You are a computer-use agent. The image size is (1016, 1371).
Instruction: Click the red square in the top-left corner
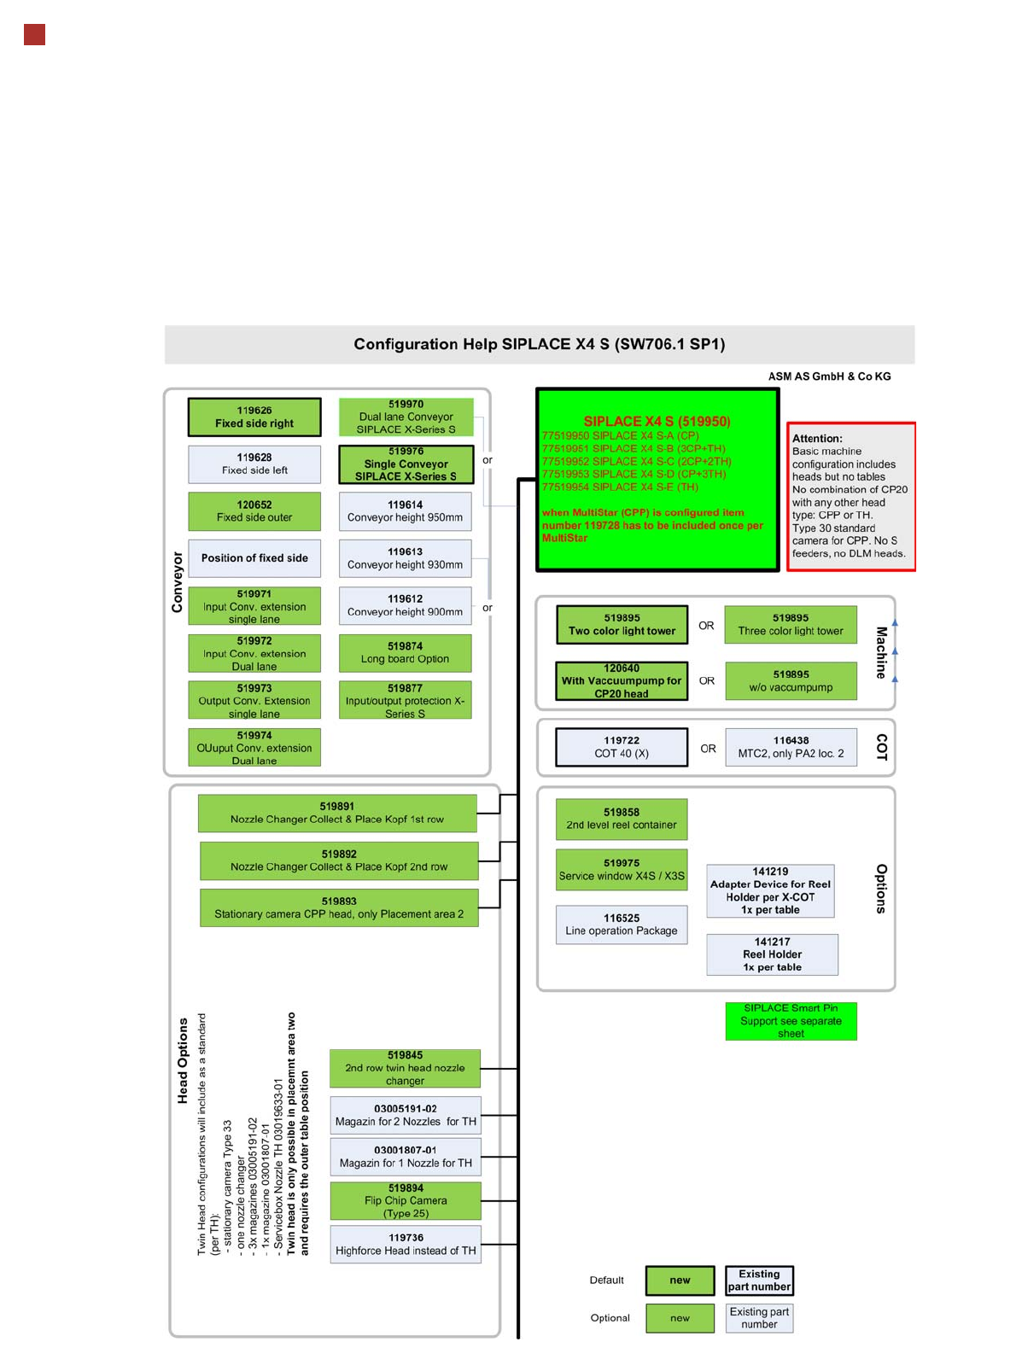[34, 35]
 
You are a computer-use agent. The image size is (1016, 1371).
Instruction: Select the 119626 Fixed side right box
[254, 417]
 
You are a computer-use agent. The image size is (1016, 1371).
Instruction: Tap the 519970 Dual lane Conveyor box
[406, 417]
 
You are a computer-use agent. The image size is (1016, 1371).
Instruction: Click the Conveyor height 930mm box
[405, 558]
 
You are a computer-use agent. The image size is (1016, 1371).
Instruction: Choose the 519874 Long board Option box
[405, 652]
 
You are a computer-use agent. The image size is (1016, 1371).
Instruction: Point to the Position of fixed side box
[254, 558]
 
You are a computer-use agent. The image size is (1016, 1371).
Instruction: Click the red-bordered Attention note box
[850, 496]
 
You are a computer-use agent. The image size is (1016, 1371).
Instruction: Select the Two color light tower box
[622, 624]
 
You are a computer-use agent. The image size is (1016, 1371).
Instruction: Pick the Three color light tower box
[791, 624]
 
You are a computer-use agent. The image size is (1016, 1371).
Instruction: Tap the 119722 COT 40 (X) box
[622, 747]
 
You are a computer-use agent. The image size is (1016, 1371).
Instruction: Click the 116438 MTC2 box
[791, 747]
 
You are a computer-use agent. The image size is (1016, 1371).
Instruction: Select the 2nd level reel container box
[622, 819]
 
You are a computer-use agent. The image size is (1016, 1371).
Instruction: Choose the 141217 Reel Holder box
[772, 954]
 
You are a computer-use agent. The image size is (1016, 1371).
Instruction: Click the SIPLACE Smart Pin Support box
[791, 1021]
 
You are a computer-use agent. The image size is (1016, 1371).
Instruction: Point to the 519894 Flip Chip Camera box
[406, 1200]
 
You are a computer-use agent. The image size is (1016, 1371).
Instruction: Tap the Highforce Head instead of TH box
[406, 1245]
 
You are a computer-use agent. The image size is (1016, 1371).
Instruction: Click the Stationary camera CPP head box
[339, 907]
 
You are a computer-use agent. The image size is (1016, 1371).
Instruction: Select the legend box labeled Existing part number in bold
[759, 1281]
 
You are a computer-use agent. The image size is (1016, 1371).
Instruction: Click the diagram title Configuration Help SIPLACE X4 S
[540, 344]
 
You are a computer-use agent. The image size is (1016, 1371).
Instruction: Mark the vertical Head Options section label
[183, 1060]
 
